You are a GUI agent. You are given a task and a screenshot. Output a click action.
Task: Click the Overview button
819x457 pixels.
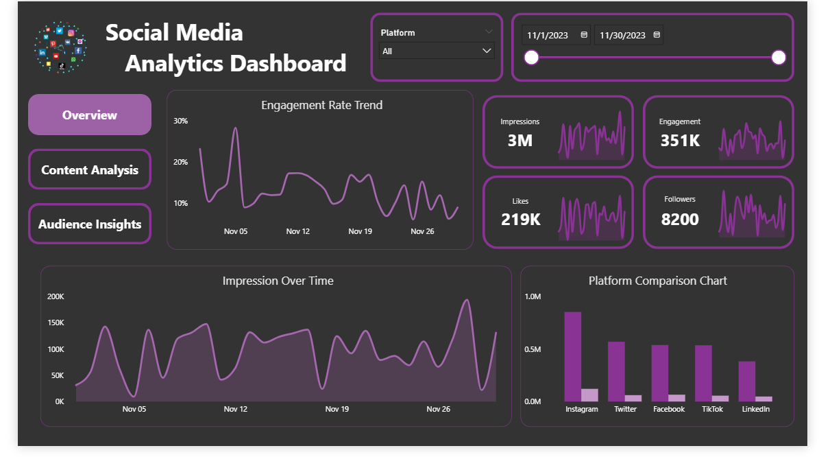tap(90, 115)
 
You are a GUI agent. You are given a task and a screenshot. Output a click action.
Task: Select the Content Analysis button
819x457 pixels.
tap(90, 170)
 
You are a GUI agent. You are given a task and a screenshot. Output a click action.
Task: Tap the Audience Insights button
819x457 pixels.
tap(90, 224)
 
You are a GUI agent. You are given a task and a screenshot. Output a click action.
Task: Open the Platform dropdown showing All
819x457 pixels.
tap(437, 51)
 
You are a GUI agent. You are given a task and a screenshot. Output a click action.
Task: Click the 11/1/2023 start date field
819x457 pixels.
tap(549, 35)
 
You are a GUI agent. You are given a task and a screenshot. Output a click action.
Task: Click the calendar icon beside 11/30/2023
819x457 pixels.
tap(657, 35)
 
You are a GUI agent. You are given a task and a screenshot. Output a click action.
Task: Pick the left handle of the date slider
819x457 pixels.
tap(532, 58)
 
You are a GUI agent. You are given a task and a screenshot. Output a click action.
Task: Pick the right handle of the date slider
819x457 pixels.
tap(778, 58)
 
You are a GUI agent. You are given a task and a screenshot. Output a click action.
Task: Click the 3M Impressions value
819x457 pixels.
tap(520, 141)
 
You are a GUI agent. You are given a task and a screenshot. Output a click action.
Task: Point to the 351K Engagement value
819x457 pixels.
tap(680, 141)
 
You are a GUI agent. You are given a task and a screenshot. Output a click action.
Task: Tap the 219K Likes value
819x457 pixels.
tap(520, 220)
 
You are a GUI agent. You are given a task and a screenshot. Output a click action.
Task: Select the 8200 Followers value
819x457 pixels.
tap(680, 220)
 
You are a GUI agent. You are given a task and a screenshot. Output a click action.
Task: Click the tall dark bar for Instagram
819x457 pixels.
tap(573, 357)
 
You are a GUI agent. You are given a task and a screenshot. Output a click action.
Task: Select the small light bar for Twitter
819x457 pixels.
tap(633, 398)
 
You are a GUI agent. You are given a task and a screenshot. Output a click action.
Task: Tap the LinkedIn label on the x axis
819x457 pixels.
tap(756, 409)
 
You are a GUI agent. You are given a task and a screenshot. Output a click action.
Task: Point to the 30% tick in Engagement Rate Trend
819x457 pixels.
tap(180, 121)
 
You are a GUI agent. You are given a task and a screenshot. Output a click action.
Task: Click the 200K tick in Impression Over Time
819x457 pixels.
tap(56, 296)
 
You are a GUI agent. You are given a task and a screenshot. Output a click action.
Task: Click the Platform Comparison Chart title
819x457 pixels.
tap(657, 281)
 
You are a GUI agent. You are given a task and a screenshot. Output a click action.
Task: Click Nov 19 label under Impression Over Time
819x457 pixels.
tap(337, 409)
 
